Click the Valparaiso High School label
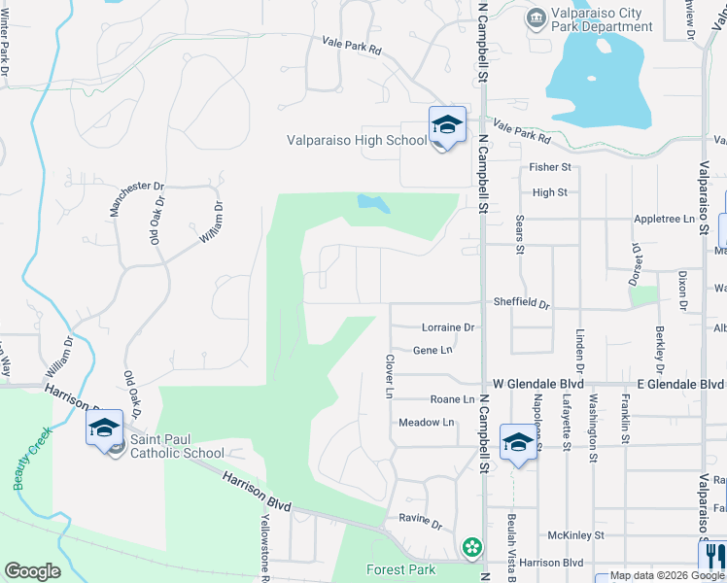[x=356, y=140]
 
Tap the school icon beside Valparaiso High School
[x=447, y=124]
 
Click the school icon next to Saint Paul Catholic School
[x=105, y=429]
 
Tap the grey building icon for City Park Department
[x=536, y=17]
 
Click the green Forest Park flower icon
[x=472, y=547]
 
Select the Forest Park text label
[x=400, y=569]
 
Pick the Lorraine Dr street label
[x=447, y=328]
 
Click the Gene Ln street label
[x=433, y=350]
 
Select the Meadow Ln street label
[x=427, y=423]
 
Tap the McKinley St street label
[x=575, y=535]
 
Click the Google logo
[x=32, y=571]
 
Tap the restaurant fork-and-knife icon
[x=712, y=556]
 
